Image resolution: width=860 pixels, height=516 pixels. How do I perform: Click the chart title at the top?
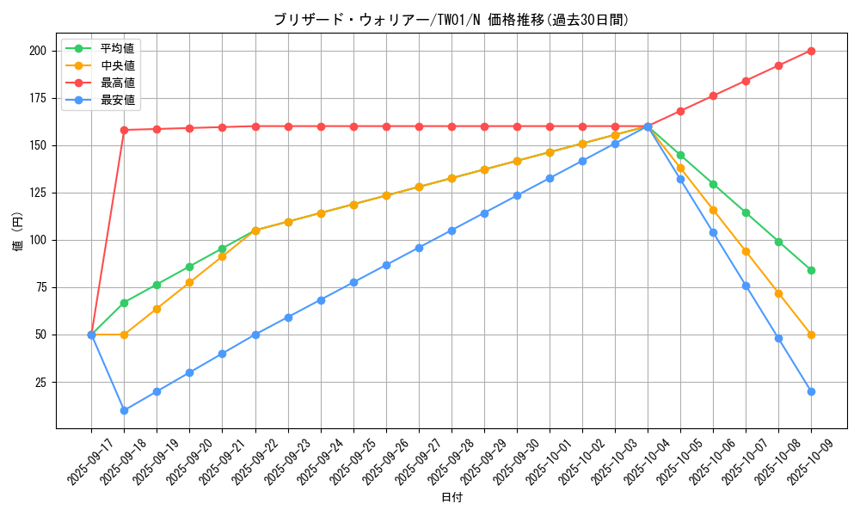[451, 20]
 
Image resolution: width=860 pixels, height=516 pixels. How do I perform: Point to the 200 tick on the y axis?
[37, 51]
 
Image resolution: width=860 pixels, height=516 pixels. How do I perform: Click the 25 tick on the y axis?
[40, 382]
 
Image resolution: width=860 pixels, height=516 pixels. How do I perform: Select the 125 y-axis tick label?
[37, 193]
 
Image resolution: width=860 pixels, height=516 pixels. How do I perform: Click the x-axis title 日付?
[451, 498]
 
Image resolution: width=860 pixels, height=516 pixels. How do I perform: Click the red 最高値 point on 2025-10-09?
[811, 51]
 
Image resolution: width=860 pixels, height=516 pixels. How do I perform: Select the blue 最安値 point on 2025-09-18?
[124, 410]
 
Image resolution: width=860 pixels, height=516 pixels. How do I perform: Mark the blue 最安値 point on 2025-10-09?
[811, 391]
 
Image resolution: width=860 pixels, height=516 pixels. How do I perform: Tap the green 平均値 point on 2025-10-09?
[811, 270]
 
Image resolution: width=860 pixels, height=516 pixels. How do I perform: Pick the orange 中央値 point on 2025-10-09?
[811, 335]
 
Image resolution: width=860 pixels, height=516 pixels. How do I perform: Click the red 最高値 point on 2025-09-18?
[124, 130]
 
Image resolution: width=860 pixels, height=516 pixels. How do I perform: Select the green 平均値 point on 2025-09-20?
[189, 267]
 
